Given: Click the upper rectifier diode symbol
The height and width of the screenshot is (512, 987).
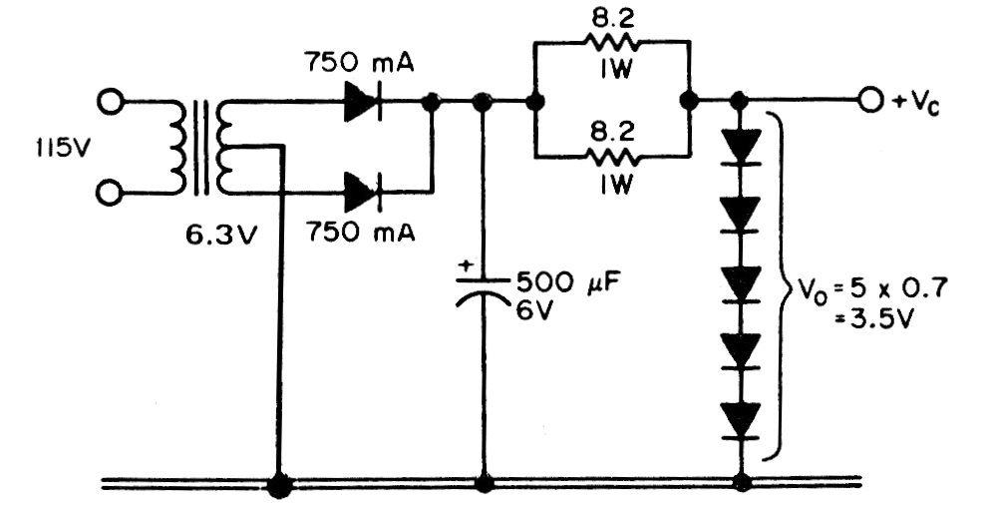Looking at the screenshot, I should coord(363,102).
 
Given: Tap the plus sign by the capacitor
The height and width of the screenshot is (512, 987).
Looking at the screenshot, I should coord(465,267).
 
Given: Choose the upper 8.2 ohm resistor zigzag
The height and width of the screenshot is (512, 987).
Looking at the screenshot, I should coord(612,41).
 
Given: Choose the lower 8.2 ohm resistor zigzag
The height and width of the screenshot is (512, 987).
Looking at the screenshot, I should coord(612,156).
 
